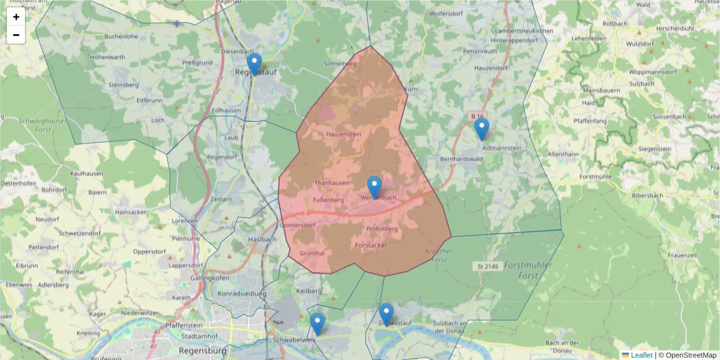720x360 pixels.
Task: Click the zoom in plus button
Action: click(x=16, y=17)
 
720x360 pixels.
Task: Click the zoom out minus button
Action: click(x=16, y=35)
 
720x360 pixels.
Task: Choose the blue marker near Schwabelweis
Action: click(x=317, y=323)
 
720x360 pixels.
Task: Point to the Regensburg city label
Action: click(x=203, y=350)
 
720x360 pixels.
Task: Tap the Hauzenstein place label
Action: click(x=344, y=134)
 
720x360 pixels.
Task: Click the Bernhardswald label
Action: click(x=461, y=159)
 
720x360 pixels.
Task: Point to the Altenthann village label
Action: click(x=563, y=154)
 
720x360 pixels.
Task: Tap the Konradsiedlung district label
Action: click(x=242, y=294)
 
